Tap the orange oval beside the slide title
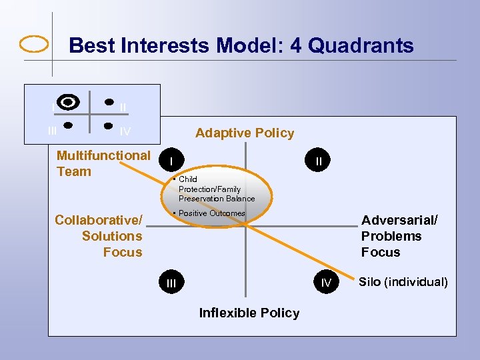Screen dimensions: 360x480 coord(33,44)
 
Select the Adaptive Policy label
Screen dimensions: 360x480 coord(245,133)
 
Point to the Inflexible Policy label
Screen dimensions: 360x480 coord(249,313)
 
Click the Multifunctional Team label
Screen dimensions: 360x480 coord(103,163)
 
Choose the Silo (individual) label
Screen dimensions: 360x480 coord(403,282)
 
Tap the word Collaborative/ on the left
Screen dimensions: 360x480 coord(99,220)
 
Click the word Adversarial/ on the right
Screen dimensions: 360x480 coord(399,220)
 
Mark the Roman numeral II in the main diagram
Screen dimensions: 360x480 coord(319,161)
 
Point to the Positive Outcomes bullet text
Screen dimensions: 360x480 coord(212,213)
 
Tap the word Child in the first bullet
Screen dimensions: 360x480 coord(187,179)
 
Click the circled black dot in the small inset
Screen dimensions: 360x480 coord(68,102)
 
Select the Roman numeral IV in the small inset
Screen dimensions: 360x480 coord(125,132)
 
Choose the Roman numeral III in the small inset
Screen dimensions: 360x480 coord(52,131)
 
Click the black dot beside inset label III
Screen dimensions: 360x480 coord(68,124)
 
